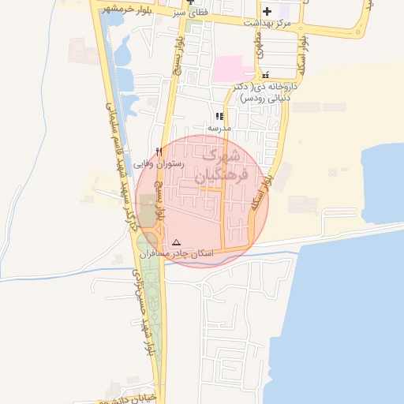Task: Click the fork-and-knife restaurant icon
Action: click(159, 151)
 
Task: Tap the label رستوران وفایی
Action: click(158, 164)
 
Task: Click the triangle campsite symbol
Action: click(176, 242)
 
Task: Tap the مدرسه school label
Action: click(219, 127)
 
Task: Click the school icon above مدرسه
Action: click(219, 116)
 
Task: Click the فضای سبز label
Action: click(189, 13)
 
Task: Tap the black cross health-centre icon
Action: click(267, 11)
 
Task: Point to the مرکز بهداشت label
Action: click(267, 24)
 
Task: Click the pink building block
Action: click(228, 68)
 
